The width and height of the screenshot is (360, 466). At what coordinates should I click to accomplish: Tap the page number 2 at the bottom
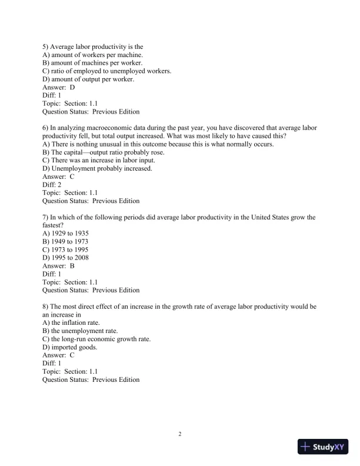click(180, 434)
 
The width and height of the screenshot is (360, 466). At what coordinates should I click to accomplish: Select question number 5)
click(46, 46)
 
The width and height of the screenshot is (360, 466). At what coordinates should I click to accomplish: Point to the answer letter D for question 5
click(72, 87)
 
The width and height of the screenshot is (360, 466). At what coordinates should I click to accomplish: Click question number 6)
click(46, 128)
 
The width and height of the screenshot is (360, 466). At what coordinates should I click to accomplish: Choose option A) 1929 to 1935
click(66, 233)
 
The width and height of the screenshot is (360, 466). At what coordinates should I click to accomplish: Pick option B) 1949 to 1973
click(66, 241)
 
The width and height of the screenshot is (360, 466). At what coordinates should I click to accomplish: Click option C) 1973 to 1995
click(66, 249)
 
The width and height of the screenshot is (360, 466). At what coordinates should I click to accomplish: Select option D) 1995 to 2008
click(66, 258)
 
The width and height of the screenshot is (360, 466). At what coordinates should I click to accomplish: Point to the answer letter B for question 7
click(72, 265)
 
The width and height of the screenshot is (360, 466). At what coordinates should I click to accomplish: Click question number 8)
click(46, 307)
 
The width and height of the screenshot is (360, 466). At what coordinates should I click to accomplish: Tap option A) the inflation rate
click(71, 322)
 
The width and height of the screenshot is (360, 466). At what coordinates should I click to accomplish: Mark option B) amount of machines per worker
click(92, 63)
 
